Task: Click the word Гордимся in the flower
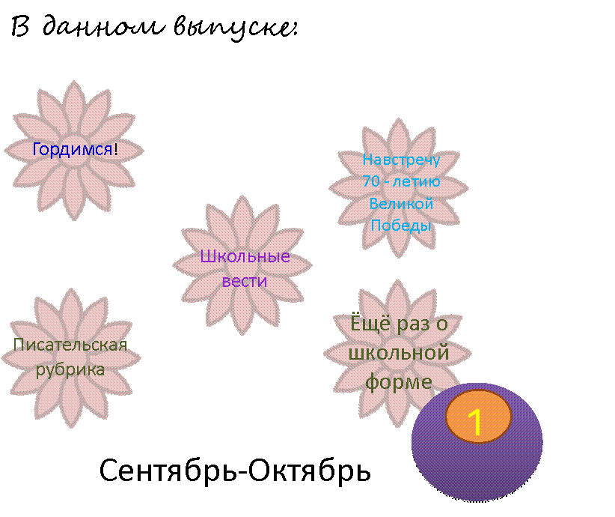73,150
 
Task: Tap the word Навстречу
401,160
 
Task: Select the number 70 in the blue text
371,181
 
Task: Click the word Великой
401,204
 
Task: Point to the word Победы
401,225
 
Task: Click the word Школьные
245,256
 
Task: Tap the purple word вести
245,281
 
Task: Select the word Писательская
70,345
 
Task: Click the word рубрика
70,370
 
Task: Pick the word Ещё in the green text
370,323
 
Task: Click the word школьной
399,352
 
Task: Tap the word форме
399,382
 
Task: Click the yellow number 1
475,422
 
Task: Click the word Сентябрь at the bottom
168,471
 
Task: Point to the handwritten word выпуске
235,28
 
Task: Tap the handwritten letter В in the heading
20,27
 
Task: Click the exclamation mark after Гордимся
116,150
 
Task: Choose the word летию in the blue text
417,181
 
